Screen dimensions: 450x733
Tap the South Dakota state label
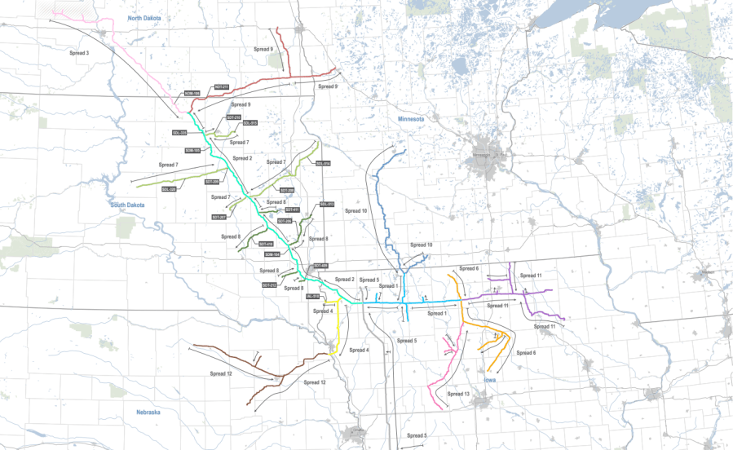point(127,205)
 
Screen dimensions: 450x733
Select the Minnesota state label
point(413,119)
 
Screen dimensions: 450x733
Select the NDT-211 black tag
point(222,86)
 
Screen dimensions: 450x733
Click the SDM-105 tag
point(192,150)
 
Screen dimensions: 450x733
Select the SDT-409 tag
point(320,266)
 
